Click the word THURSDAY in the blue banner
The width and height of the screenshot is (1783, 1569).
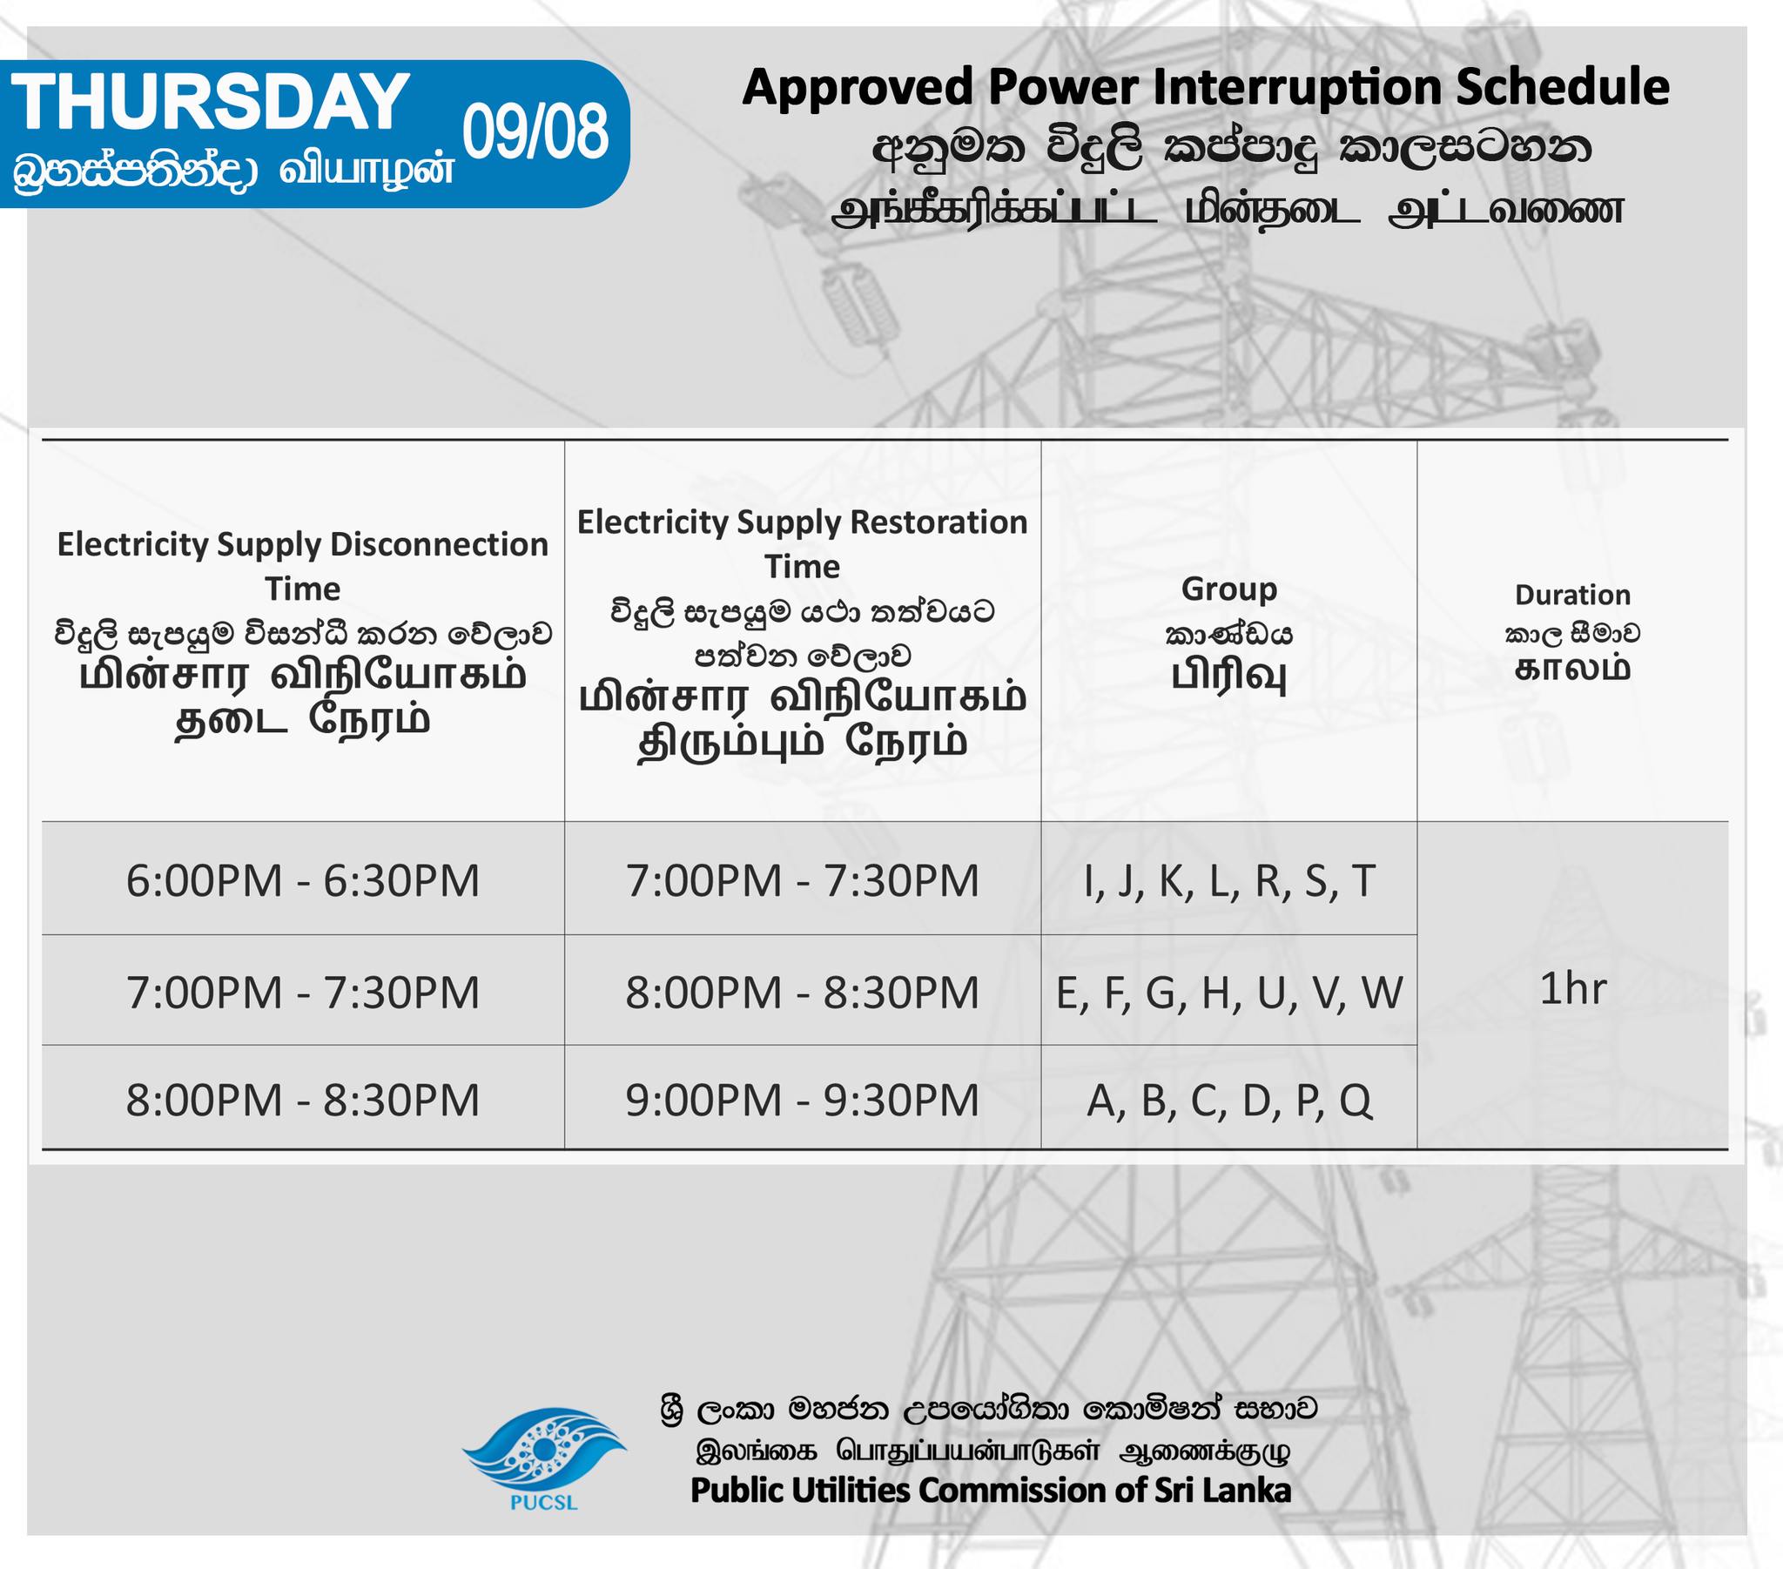(210, 102)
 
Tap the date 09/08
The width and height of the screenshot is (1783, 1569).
(535, 132)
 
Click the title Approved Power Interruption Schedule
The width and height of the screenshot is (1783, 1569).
(1206, 88)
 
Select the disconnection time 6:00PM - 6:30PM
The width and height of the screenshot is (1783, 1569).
(303, 880)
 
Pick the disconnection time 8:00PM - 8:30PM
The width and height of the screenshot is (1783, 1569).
(303, 1100)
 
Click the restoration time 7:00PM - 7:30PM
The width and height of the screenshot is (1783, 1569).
(803, 880)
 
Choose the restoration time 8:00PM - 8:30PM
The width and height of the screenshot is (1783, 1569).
(803, 993)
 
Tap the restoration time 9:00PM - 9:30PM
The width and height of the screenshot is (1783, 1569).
(803, 1100)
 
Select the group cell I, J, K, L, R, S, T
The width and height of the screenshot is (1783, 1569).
(1230, 881)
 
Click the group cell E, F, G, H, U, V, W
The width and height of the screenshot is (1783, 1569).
(1229, 993)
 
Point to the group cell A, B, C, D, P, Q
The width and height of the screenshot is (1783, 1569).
(1230, 1101)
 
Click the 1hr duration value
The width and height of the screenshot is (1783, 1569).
(1573, 989)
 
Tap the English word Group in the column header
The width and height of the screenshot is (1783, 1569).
(1229, 590)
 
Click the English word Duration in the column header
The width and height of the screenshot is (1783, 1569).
(1573, 595)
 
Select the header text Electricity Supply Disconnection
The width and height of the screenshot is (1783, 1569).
(303, 544)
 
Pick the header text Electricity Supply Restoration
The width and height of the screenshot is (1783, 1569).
(803, 522)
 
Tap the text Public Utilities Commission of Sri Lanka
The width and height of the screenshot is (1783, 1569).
(991, 1490)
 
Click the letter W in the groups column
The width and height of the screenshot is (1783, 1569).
(1382, 993)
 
